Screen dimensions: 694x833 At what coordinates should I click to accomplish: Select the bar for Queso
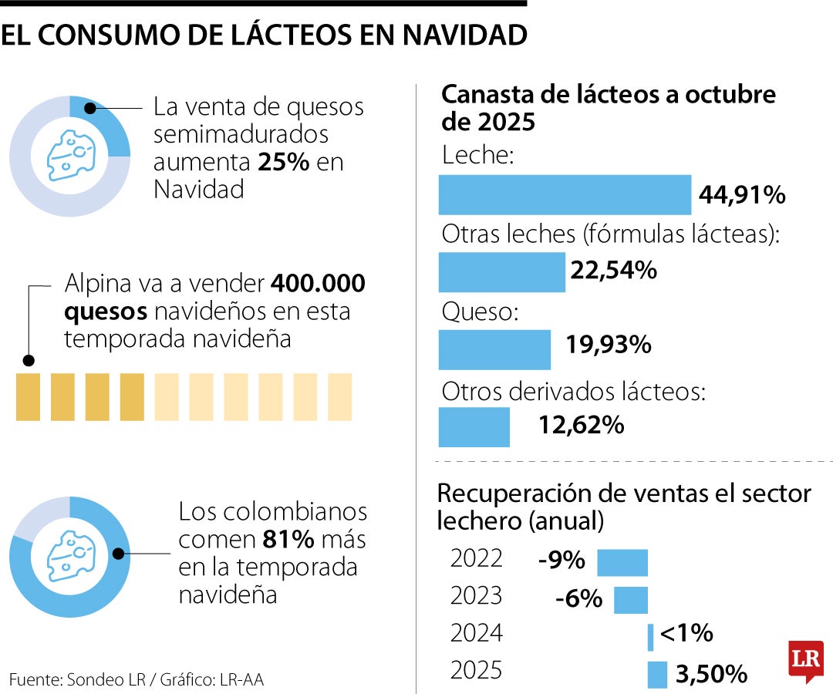(x=494, y=349)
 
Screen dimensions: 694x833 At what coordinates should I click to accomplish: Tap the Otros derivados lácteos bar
(x=474, y=426)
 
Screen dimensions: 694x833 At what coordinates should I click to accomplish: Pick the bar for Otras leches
(x=501, y=272)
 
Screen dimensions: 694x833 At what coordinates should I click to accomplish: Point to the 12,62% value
(x=581, y=425)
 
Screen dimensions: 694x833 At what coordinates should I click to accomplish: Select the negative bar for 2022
(x=622, y=562)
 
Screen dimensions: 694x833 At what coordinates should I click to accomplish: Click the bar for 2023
(x=630, y=600)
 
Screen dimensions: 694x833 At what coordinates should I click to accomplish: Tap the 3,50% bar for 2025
(x=657, y=674)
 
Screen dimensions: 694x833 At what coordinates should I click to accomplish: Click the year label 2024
(x=476, y=634)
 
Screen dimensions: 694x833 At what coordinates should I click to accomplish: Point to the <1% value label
(x=686, y=634)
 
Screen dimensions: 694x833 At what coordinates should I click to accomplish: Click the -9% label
(x=562, y=561)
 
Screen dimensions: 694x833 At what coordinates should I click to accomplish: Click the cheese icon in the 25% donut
(x=69, y=155)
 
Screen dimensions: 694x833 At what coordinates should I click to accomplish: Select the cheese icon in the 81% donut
(x=69, y=556)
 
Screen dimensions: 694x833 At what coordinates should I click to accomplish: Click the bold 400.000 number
(x=318, y=284)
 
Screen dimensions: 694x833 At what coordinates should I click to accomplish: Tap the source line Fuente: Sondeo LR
(x=77, y=679)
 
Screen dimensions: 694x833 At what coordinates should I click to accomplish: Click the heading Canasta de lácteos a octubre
(x=608, y=95)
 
